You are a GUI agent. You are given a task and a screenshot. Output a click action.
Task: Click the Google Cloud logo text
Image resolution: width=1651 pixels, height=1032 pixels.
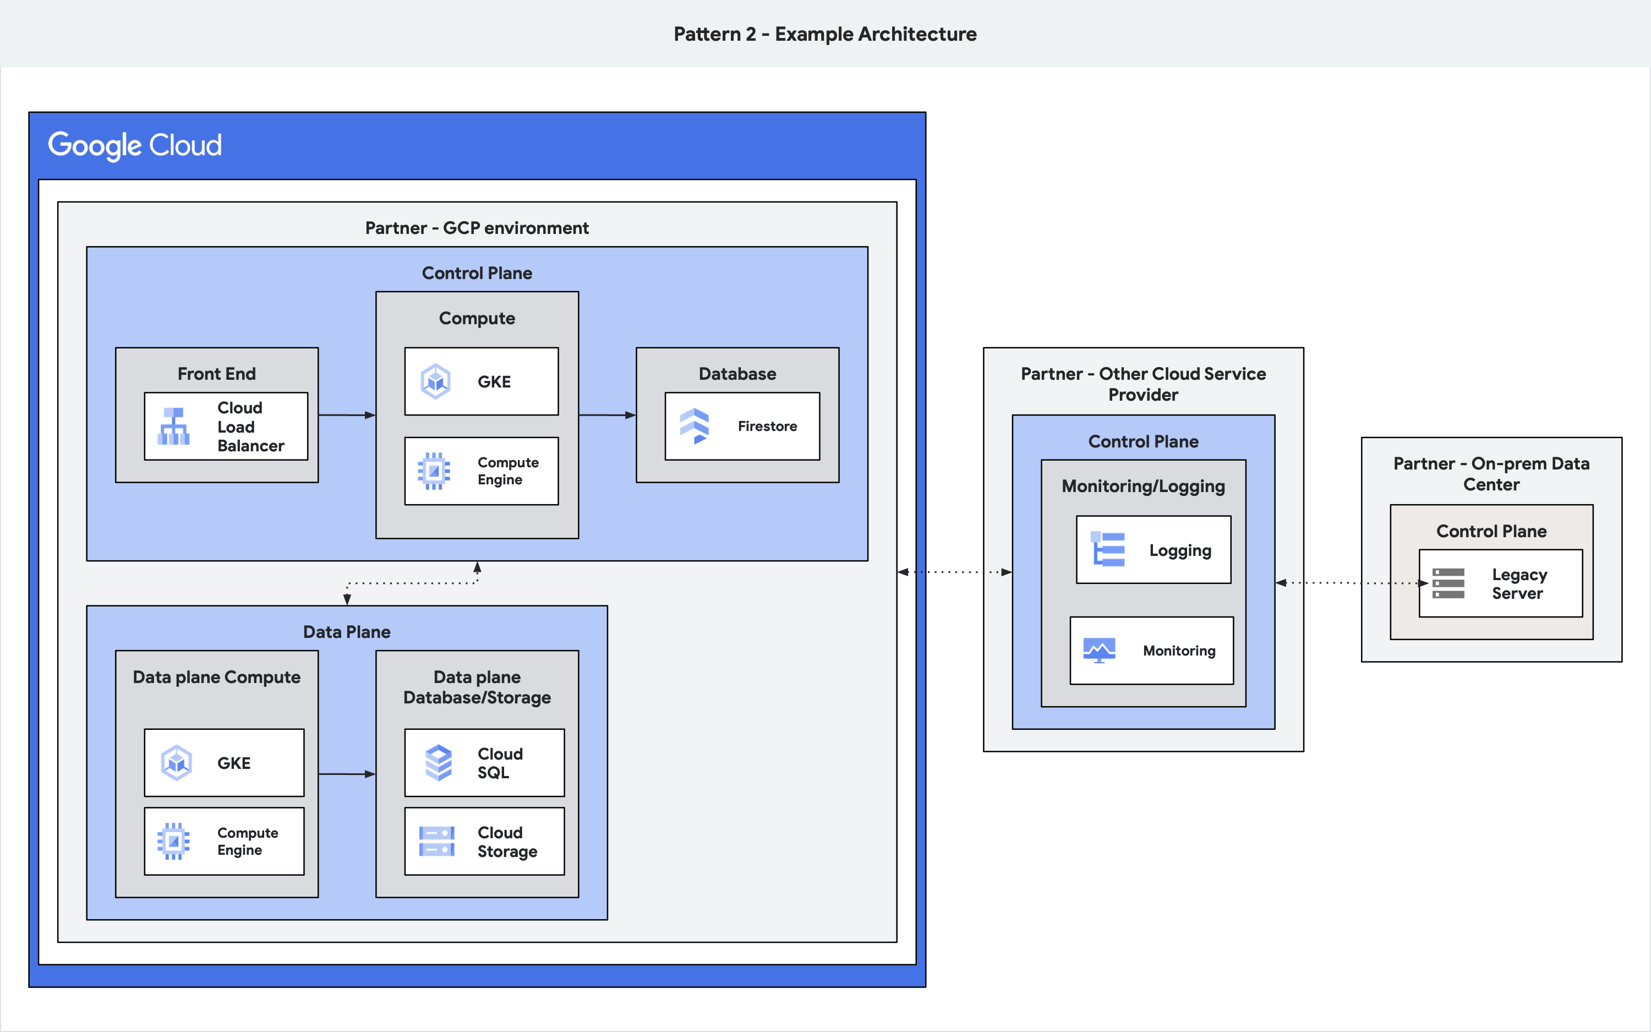click(134, 145)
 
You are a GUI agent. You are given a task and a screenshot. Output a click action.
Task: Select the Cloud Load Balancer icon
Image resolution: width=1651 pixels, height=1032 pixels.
click(174, 426)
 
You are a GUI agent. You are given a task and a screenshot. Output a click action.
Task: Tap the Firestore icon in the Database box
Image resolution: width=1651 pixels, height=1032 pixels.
click(695, 426)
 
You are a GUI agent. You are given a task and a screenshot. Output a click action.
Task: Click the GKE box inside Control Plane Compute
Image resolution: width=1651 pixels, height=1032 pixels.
click(481, 381)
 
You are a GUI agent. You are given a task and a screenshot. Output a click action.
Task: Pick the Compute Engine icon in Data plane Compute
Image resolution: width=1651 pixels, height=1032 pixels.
click(174, 841)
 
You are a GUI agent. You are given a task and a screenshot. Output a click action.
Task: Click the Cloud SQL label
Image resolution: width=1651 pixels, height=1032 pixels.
click(500, 763)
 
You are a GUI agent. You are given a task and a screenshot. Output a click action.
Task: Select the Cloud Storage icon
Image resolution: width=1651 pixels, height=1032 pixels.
click(436, 841)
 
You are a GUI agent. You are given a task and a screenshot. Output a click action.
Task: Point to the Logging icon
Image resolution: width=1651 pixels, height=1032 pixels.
click(1108, 549)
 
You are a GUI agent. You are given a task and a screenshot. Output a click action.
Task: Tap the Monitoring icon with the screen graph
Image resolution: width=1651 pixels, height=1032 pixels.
click(1099, 651)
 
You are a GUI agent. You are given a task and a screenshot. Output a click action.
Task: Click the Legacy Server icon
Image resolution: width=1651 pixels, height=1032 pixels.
click(1448, 583)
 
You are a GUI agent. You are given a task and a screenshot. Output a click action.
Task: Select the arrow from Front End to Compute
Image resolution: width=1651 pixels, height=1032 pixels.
click(347, 415)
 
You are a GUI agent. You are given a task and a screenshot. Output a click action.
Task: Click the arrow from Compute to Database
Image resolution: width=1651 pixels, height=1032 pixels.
click(606, 415)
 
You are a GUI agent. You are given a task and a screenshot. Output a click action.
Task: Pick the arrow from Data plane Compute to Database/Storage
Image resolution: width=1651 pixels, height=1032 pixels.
click(347, 774)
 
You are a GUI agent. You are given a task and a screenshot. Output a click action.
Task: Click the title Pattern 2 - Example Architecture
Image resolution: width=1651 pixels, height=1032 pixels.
click(825, 34)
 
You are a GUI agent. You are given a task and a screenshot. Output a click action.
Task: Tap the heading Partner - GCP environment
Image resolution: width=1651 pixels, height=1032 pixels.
click(477, 228)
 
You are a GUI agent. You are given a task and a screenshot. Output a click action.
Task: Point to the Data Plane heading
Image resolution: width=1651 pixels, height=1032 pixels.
click(347, 632)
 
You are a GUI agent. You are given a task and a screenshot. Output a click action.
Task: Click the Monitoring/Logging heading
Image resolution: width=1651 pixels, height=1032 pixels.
click(1142, 486)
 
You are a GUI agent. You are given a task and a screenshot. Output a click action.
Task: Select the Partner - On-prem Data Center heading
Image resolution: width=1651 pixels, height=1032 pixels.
click(1491, 474)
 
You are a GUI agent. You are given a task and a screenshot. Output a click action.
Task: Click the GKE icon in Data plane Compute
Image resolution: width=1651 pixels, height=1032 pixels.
click(177, 762)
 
